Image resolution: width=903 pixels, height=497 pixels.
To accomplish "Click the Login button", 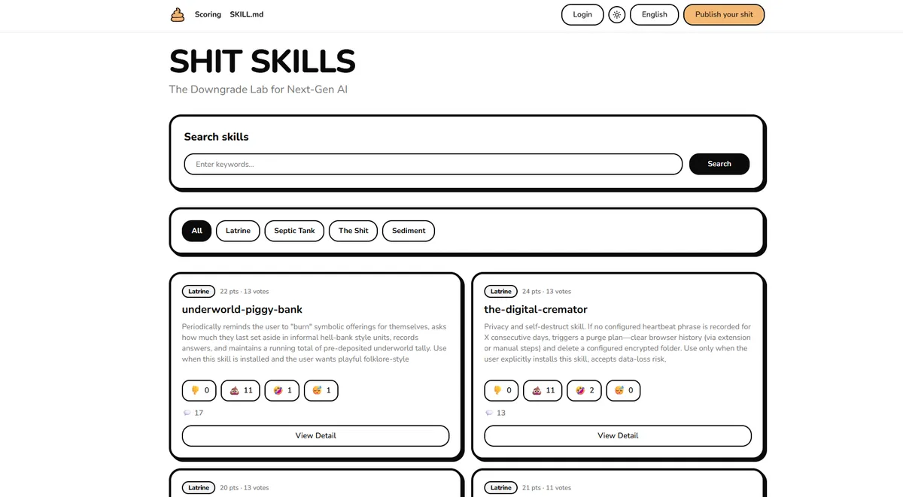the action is click(582, 14).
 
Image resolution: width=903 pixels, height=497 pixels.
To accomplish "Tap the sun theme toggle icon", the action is click(616, 15).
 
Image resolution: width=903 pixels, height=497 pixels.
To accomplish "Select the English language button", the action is click(654, 14).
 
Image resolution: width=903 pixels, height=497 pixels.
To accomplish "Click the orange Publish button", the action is click(724, 14).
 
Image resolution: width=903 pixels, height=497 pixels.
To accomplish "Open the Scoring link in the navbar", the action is click(208, 14).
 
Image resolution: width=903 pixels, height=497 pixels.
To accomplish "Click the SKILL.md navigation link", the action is click(246, 14).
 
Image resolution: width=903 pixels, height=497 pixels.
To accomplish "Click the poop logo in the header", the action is click(178, 15).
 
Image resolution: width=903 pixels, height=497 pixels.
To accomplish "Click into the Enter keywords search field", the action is click(433, 164).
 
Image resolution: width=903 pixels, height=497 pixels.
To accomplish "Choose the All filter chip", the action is click(196, 231).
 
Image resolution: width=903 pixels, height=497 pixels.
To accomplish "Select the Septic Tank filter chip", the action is click(294, 231).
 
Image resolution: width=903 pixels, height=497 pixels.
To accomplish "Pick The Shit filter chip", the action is click(353, 231).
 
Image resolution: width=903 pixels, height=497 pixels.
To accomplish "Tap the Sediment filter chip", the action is click(409, 231).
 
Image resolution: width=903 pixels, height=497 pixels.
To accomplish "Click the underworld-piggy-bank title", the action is click(242, 309).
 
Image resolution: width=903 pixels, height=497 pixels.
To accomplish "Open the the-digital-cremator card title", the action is click(535, 309).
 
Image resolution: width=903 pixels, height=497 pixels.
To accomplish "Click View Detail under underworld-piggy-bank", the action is click(315, 435).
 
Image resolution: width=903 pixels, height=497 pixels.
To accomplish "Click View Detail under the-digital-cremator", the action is click(618, 435).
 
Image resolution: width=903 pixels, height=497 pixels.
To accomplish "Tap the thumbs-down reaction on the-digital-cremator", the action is click(501, 390).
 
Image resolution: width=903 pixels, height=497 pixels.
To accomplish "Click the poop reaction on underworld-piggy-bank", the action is click(240, 390).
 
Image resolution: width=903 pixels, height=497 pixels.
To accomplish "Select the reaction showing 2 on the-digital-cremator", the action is click(584, 390).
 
